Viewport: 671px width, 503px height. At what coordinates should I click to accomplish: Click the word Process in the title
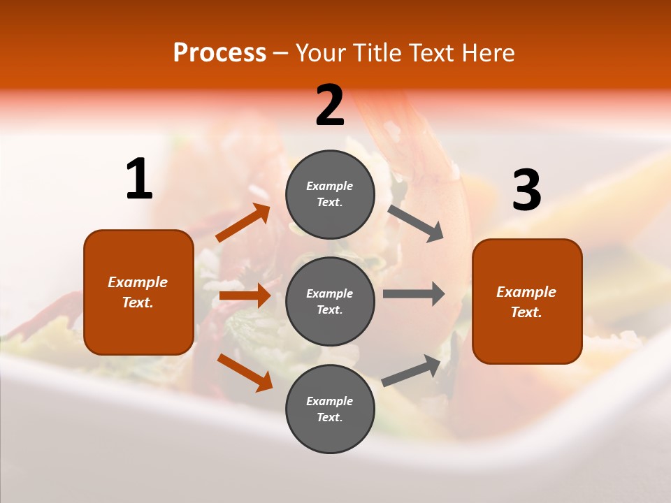[219, 53]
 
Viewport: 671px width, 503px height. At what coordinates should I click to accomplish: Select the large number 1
[139, 179]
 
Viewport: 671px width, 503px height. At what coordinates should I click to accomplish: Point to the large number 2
[330, 105]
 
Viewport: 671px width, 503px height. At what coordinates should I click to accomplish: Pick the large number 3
[526, 190]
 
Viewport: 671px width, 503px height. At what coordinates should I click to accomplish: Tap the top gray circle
[330, 194]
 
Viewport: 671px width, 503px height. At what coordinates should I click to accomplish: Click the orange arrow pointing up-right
[243, 223]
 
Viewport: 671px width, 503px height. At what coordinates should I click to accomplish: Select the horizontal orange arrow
[245, 296]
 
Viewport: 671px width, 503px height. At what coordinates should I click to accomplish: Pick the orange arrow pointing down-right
[245, 372]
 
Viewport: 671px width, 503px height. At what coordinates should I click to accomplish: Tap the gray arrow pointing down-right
[415, 223]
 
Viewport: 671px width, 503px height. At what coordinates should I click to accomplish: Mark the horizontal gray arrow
[413, 293]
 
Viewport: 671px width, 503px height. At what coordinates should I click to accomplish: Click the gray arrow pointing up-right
[412, 371]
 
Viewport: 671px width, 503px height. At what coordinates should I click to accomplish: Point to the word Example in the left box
[138, 282]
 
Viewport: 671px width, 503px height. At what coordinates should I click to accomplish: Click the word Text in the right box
[526, 312]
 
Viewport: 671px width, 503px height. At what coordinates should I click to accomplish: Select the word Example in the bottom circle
[330, 401]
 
